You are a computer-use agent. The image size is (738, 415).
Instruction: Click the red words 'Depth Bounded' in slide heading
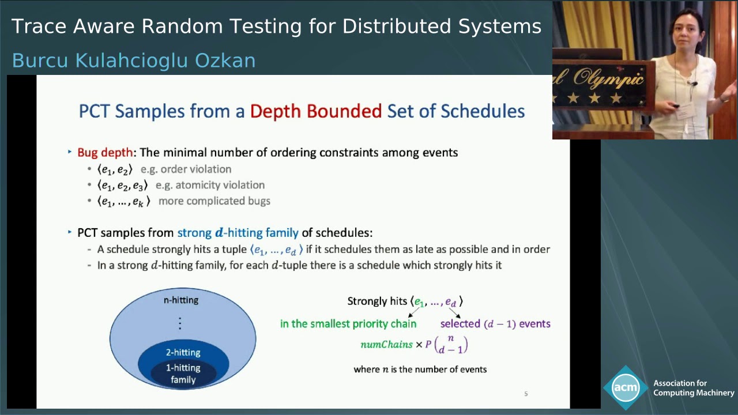click(x=315, y=111)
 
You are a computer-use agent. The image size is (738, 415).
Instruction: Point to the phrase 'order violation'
click(x=195, y=169)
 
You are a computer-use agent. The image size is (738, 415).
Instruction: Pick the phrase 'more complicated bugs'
click(x=214, y=201)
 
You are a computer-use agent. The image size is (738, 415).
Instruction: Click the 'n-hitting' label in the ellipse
click(x=181, y=300)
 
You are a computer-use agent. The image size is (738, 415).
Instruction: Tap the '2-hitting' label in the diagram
click(x=183, y=353)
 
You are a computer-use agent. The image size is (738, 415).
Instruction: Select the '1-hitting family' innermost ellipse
click(x=183, y=373)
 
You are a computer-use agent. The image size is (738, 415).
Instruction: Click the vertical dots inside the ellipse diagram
click(x=180, y=323)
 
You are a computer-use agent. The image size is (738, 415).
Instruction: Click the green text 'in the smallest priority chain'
click(x=348, y=324)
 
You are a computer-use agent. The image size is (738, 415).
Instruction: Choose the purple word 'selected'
click(x=460, y=324)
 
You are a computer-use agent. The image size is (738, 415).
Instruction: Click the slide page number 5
click(x=526, y=394)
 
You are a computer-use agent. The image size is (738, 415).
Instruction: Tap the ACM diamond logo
click(x=626, y=387)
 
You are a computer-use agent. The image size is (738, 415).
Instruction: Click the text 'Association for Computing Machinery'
click(x=694, y=388)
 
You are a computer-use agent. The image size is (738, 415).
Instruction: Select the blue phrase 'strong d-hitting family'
click(x=238, y=233)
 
